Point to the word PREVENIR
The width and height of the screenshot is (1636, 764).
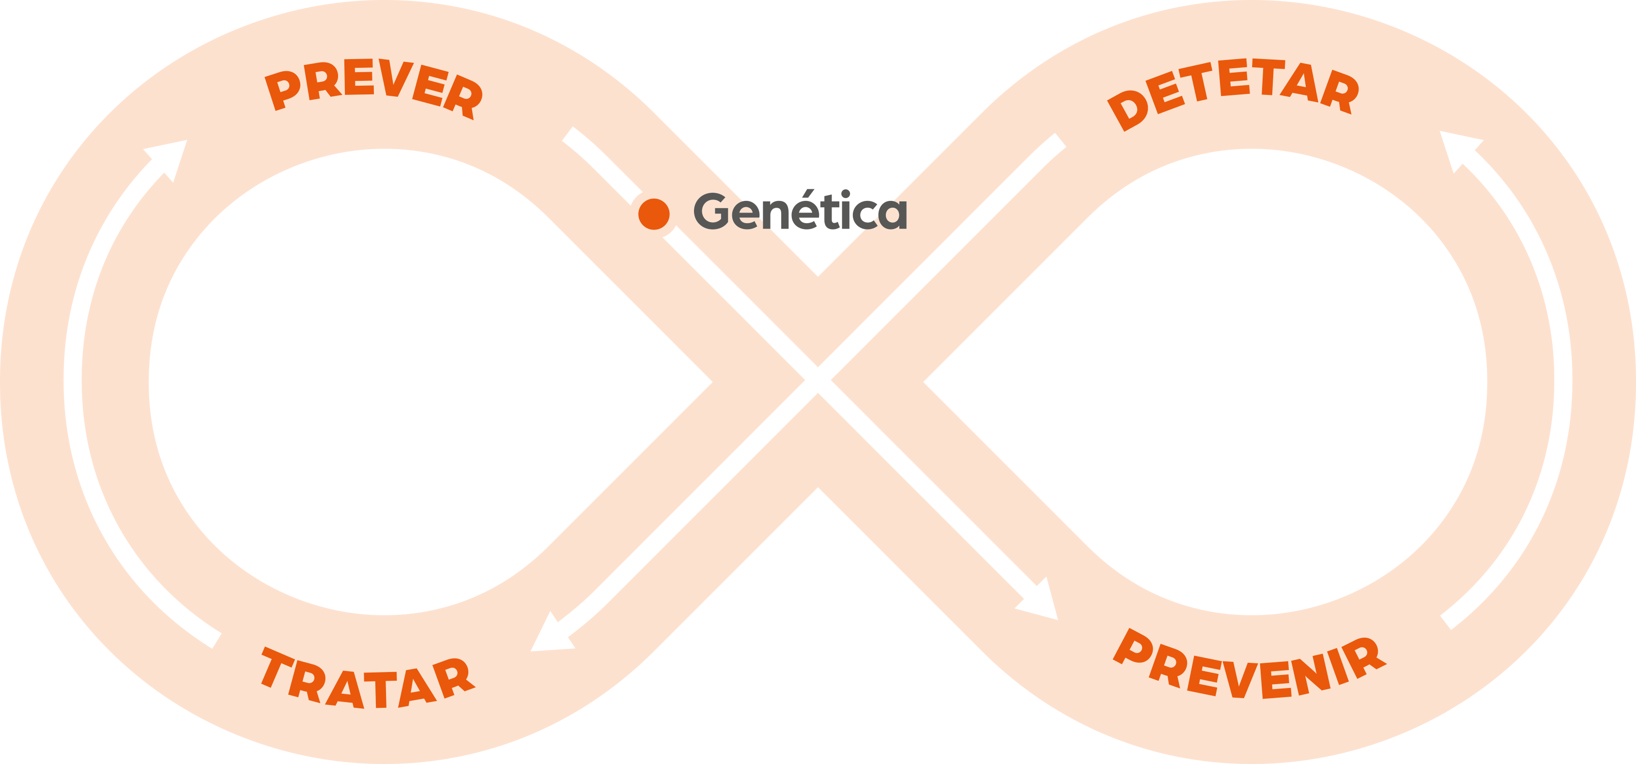(1249, 667)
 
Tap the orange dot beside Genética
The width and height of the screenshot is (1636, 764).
(653, 214)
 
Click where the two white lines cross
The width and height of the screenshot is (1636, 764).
(818, 380)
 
